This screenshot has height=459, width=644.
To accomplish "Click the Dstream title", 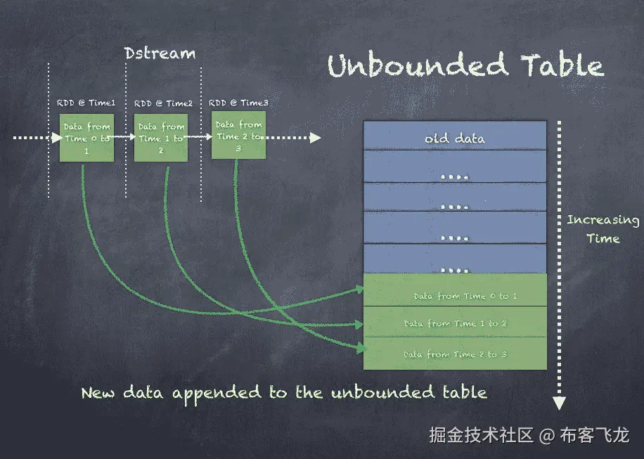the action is point(160,53).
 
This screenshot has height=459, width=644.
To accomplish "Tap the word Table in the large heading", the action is point(562,66).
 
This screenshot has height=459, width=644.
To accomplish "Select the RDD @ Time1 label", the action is point(86,103).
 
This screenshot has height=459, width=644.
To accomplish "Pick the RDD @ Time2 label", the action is point(163,103).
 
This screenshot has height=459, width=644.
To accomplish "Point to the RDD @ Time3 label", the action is point(238,103).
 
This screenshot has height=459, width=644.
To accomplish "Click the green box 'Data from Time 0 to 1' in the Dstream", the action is point(86,138).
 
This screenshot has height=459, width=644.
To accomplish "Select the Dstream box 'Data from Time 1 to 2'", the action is point(161,138).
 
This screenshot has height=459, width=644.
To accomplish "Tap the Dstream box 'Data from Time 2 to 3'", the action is point(238,136).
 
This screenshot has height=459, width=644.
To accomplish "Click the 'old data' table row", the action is point(454,138).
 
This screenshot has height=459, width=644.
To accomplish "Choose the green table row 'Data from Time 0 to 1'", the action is point(454,296).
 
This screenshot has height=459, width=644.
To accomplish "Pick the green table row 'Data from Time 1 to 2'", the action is point(454,323).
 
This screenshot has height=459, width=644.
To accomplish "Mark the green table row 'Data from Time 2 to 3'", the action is point(454,354).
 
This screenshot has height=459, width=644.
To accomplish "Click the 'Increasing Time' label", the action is point(603,229).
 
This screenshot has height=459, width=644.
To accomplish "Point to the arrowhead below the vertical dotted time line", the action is point(559,403).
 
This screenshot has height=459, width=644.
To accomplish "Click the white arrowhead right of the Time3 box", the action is point(316,138).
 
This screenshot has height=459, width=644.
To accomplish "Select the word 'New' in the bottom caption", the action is point(98,392).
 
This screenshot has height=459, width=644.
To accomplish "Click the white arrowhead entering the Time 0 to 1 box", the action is point(56,138).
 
